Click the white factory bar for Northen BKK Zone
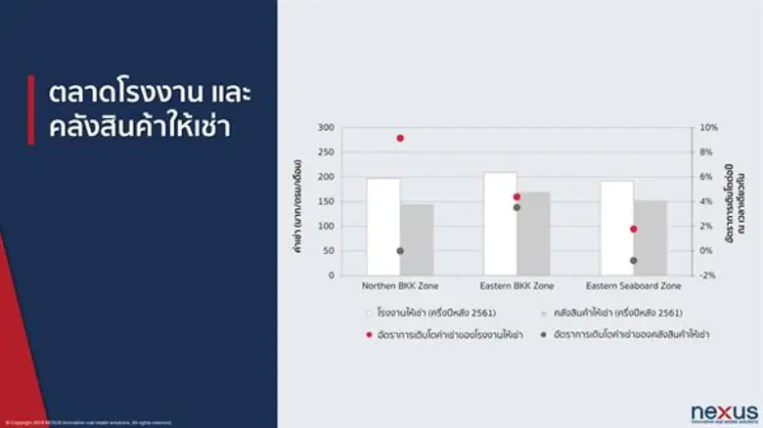[x=383, y=227]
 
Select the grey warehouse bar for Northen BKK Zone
[x=417, y=239]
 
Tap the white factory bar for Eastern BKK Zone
[x=500, y=224]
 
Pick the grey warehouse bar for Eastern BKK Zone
[x=533, y=234]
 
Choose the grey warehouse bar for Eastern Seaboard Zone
[x=650, y=237]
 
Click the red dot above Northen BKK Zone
[x=400, y=138]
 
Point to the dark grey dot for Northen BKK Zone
[x=400, y=251]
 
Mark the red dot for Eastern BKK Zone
[x=516, y=197]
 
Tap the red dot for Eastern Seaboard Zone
[x=633, y=229]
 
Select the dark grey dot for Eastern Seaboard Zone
[x=633, y=260]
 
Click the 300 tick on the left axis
[x=326, y=128]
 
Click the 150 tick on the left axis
[x=326, y=202]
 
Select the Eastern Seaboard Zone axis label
[x=633, y=286]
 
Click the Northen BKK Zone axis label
[x=400, y=286]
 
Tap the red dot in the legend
[x=369, y=334]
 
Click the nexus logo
[x=724, y=412]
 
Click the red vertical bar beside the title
[x=31, y=109]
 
